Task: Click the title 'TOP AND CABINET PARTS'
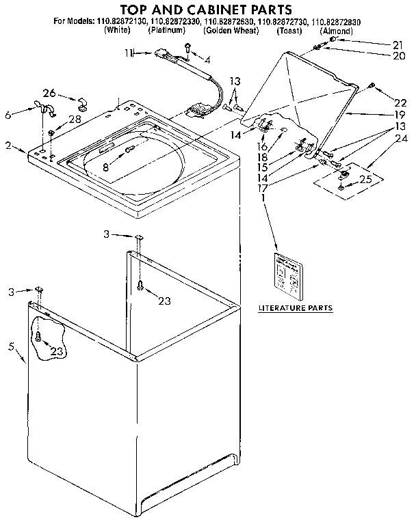pyautogui.click(x=206, y=10)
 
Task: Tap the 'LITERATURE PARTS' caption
pyautogui.click(x=295, y=308)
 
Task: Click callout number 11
pyautogui.click(x=128, y=53)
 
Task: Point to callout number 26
pyautogui.click(x=49, y=94)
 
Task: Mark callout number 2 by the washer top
pyautogui.click(x=8, y=146)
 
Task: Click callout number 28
pyautogui.click(x=73, y=120)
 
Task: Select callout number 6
pyautogui.click(x=8, y=116)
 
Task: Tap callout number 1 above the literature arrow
pyautogui.click(x=262, y=198)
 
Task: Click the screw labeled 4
pyautogui.click(x=187, y=46)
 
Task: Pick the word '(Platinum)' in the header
pyautogui.click(x=166, y=31)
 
